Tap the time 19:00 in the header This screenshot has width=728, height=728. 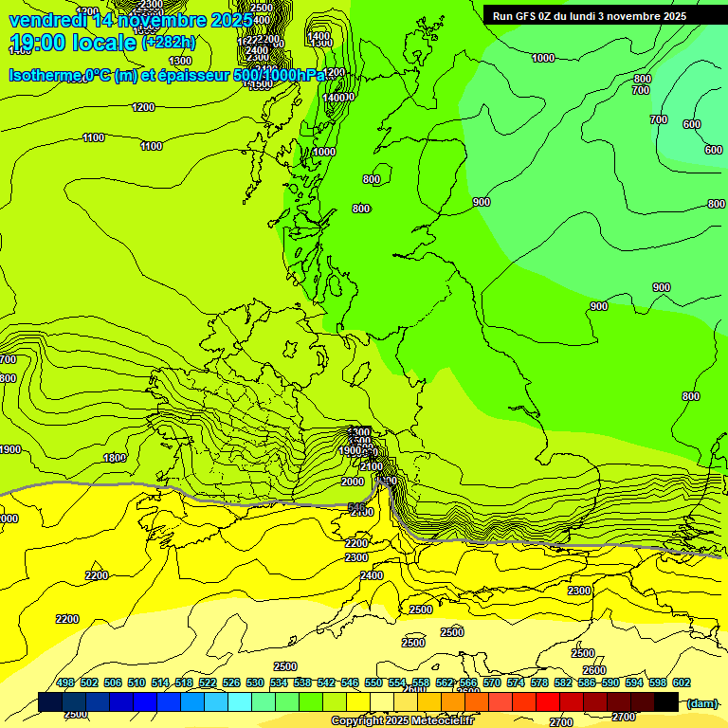pyautogui.click(x=36, y=43)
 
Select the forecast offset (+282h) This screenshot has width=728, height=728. pyautogui.click(x=170, y=43)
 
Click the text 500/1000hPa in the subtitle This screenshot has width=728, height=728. pyautogui.click(x=283, y=75)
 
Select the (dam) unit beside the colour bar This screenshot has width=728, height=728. pyautogui.click(x=701, y=702)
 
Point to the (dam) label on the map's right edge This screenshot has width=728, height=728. pyautogui.click(x=716, y=203)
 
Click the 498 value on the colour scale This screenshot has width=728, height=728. pyautogui.click(x=65, y=682)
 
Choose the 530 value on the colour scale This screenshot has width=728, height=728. pyautogui.click(x=255, y=682)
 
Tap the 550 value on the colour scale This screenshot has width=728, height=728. pyautogui.click(x=373, y=682)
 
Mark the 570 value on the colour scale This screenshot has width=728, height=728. pyautogui.click(x=491, y=682)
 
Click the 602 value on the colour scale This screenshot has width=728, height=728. pyautogui.click(x=681, y=682)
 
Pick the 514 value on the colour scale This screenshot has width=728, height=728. pyautogui.click(x=160, y=682)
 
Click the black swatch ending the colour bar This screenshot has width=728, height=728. pyautogui.click(x=666, y=702)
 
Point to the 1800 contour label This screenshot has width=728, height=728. pyautogui.click(x=114, y=458)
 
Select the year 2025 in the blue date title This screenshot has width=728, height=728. pyautogui.click(x=231, y=20)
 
